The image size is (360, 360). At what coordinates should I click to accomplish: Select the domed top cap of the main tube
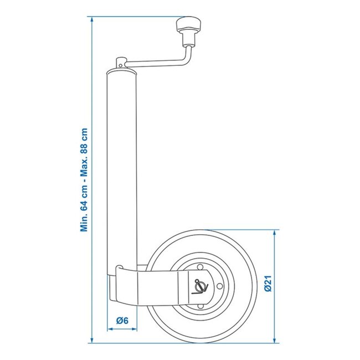(x=120, y=72)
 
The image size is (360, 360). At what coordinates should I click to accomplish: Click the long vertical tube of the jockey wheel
(x=120, y=166)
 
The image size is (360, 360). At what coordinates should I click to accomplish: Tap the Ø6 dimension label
(x=123, y=320)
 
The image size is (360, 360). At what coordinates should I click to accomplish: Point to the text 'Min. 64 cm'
(x=85, y=208)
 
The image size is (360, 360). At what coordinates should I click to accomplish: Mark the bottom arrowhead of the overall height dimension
(x=91, y=339)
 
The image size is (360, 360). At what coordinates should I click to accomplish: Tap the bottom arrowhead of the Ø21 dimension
(x=275, y=340)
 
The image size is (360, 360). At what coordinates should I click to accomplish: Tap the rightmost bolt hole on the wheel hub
(x=220, y=287)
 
